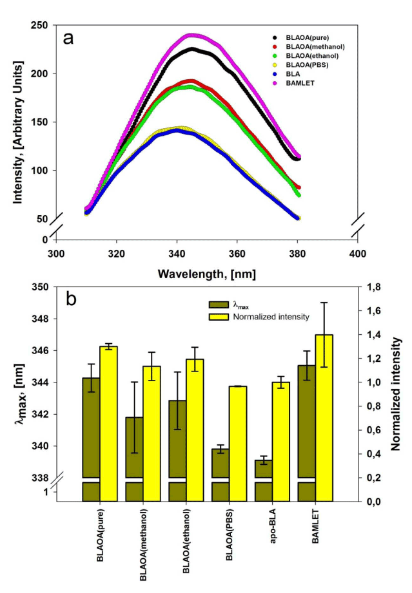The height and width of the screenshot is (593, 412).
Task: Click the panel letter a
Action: (68, 37)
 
